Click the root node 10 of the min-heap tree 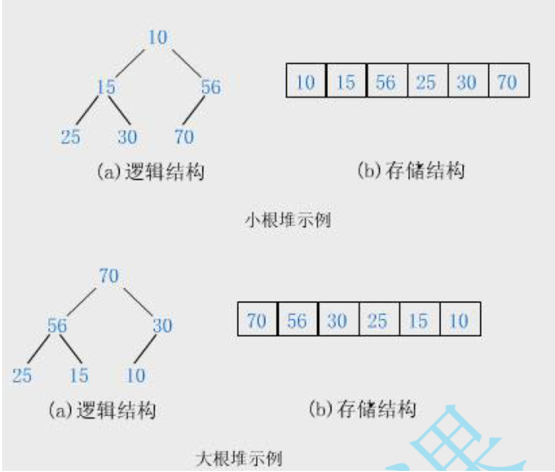[158, 38]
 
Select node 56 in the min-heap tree [211, 87]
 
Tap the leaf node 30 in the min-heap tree [127, 137]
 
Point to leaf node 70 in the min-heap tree [184, 137]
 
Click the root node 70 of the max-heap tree [109, 276]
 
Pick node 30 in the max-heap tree [162, 325]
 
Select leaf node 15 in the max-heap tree [79, 376]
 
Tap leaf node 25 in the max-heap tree [22, 376]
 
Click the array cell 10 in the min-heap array [306, 81]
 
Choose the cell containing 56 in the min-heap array [387, 81]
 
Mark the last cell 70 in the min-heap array [508, 81]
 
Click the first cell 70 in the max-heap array [257, 320]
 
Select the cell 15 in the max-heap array [419, 320]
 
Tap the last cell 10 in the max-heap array [459, 320]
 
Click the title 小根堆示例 [288, 219]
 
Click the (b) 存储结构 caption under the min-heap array [411, 171]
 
